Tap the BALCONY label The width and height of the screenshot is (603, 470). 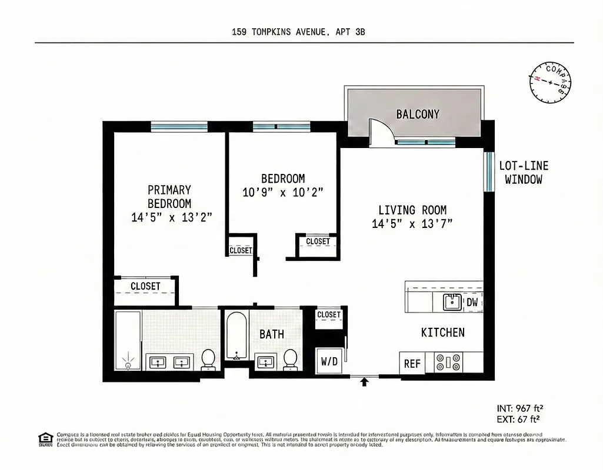click(x=417, y=114)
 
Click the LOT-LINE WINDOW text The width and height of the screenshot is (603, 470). click(x=524, y=173)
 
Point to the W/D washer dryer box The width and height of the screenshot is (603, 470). click(x=329, y=362)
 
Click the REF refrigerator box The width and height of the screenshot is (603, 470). click(x=412, y=364)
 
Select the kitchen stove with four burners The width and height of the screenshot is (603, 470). click(x=448, y=362)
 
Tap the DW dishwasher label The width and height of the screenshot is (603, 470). click(x=472, y=303)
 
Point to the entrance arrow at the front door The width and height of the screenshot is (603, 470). click(x=364, y=382)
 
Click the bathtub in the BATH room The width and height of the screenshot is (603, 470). click(x=236, y=336)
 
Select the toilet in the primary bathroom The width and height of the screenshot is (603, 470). click(x=208, y=359)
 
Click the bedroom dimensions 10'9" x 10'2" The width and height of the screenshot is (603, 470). click(x=283, y=192)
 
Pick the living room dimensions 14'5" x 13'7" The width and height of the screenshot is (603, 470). click(x=412, y=223)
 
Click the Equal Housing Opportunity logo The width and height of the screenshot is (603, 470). click(x=45, y=439)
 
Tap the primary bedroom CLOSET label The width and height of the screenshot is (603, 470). click(x=145, y=286)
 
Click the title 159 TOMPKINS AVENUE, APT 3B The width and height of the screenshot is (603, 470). click(x=298, y=32)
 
